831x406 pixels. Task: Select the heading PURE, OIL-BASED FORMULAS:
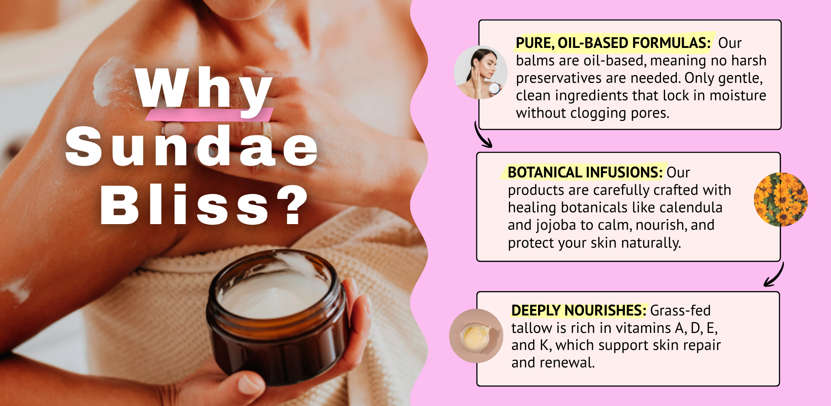tap(613, 43)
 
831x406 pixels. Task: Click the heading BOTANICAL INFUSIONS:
tap(585, 172)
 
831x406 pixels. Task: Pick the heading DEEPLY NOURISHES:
tap(579, 310)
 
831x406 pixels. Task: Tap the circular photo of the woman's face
tap(480, 72)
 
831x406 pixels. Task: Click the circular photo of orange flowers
tap(781, 199)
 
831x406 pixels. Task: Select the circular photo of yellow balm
tap(476, 336)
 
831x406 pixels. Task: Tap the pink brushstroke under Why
tap(209, 114)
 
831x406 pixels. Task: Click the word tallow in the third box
tap(532, 328)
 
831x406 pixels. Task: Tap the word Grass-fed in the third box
tap(680, 311)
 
